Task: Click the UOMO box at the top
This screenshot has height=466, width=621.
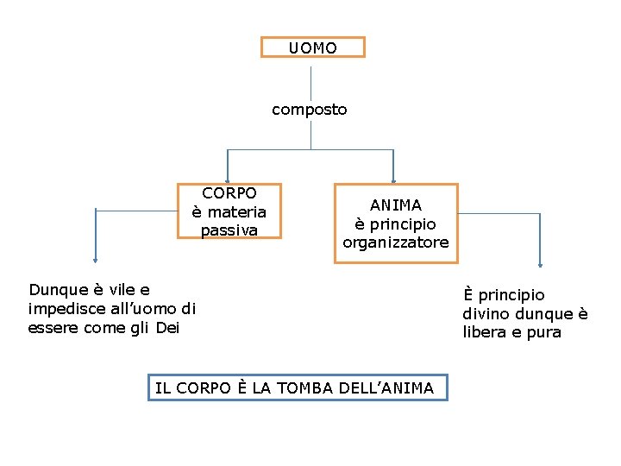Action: point(313,47)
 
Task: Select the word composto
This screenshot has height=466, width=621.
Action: point(310,110)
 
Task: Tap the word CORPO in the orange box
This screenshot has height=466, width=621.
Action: point(229,193)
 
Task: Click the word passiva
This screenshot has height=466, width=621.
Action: point(229,230)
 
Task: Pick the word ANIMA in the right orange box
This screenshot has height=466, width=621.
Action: point(396,205)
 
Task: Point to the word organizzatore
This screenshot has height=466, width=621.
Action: point(396,242)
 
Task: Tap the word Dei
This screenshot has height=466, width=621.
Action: point(168,327)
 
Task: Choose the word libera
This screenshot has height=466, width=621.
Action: point(487,332)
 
